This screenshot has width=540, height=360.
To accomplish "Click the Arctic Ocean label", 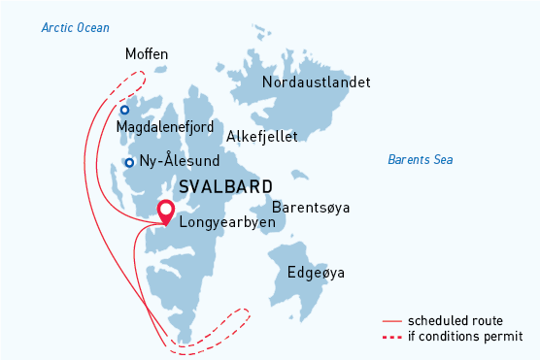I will pyautogui.click(x=76, y=27).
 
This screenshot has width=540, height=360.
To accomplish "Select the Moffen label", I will pyautogui.click(x=147, y=54).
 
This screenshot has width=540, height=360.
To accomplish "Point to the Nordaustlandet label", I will pyautogui.click(x=316, y=82).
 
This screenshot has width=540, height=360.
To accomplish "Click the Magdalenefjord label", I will pyautogui.click(x=165, y=127).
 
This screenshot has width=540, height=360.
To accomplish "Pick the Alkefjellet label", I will pyautogui.click(x=261, y=137).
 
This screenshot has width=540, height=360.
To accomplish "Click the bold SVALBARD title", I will pyautogui.click(x=226, y=186).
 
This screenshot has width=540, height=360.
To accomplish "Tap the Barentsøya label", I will pyautogui.click(x=310, y=208).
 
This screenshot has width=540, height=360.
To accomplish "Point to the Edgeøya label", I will pyautogui.click(x=316, y=273).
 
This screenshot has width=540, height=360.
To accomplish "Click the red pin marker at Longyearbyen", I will pyautogui.click(x=166, y=211).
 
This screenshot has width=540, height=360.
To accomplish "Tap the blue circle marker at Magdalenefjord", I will pyautogui.click(x=124, y=110).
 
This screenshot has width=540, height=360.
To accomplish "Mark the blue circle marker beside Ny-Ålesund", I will pyautogui.click(x=129, y=162).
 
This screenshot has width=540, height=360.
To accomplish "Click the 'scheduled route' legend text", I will pyautogui.click(x=455, y=320).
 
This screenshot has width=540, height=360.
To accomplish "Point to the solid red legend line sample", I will pyautogui.click(x=391, y=320).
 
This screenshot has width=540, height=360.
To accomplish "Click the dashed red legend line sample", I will pyautogui.click(x=391, y=337).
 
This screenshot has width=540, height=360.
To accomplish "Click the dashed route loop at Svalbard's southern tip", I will pyautogui.click(x=229, y=325).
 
